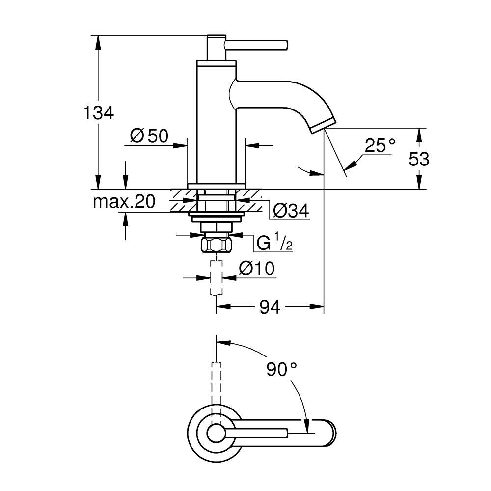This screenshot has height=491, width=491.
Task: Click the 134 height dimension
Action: (x=98, y=113)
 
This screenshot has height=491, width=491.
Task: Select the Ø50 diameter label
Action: (x=149, y=136)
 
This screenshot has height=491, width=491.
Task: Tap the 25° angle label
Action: (x=380, y=146)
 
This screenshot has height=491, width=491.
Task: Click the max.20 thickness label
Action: (x=124, y=201)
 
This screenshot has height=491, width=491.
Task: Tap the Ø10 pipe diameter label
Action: (x=256, y=269)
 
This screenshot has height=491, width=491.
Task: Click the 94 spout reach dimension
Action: (x=270, y=307)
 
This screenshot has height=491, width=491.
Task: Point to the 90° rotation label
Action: (x=282, y=369)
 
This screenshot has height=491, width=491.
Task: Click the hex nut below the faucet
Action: (x=216, y=245)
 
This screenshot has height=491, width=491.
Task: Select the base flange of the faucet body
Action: (x=216, y=185)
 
